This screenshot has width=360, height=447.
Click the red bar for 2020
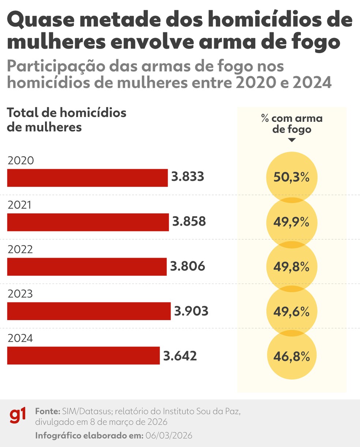[x=87, y=178]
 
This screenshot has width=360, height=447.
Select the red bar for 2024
[x=83, y=356]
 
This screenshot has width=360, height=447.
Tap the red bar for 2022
[x=87, y=267]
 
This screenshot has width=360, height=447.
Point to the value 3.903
[x=191, y=311]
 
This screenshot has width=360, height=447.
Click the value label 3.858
[x=189, y=222]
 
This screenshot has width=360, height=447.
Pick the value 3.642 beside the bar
[x=180, y=356]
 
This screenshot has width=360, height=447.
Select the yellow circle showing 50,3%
[x=292, y=177]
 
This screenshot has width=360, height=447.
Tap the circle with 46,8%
[x=292, y=356]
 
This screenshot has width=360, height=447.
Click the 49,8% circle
[x=292, y=267]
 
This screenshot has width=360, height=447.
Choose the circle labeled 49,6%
[x=292, y=312]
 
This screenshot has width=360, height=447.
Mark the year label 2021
[x=19, y=205]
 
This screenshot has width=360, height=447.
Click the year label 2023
[x=20, y=294]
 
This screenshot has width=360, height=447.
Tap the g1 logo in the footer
[x=18, y=416]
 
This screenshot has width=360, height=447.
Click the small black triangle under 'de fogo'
[x=292, y=140]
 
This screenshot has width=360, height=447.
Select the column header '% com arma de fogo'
[x=292, y=124]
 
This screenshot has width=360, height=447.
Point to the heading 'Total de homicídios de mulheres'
[x=66, y=120]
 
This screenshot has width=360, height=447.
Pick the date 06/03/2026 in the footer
[x=169, y=436]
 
